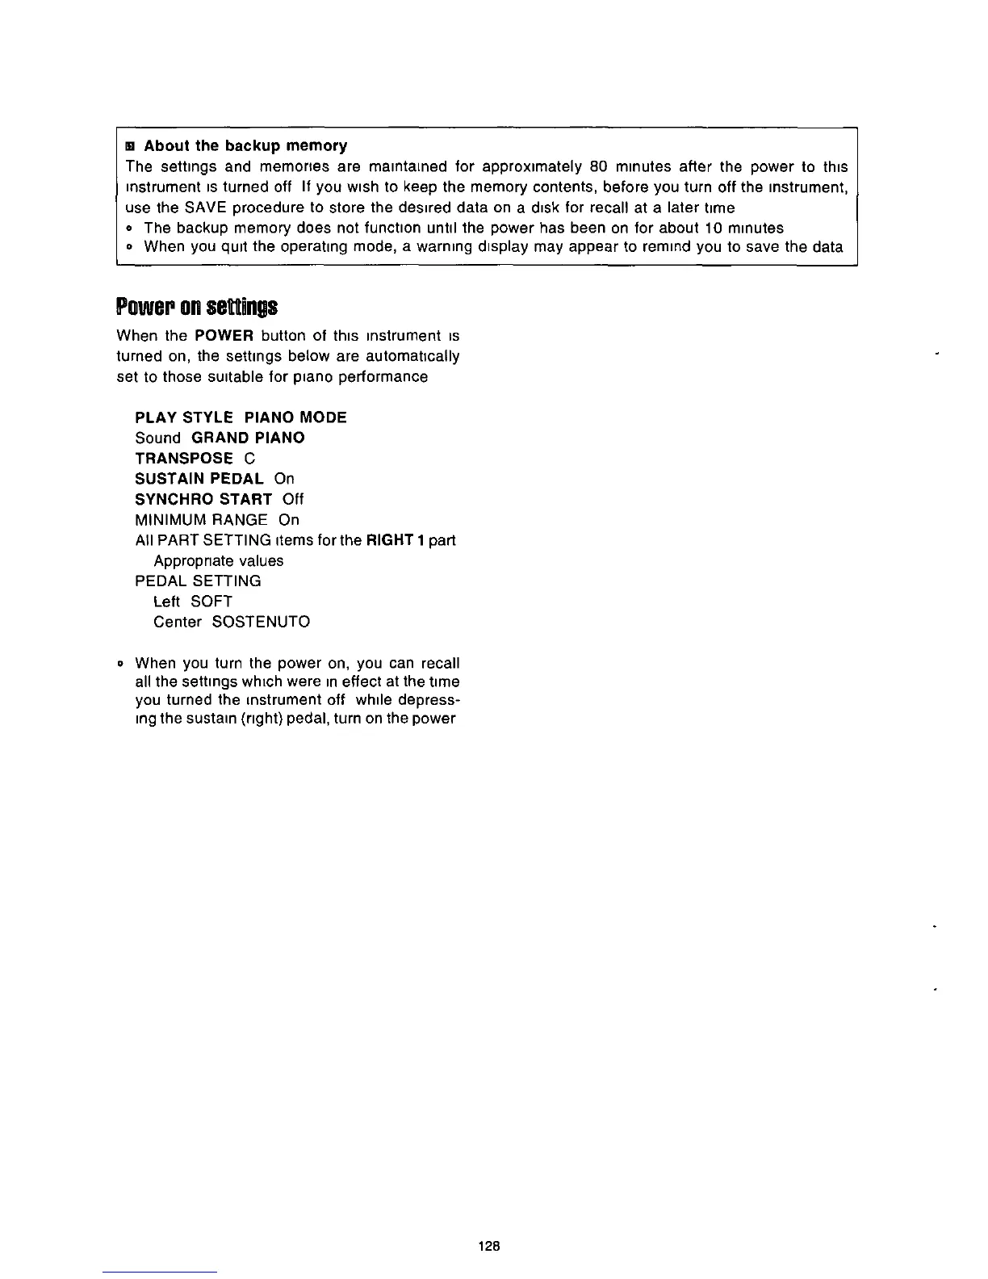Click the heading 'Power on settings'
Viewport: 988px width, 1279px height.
pyautogui.click(x=197, y=308)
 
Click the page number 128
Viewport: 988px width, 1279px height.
pyautogui.click(x=489, y=1246)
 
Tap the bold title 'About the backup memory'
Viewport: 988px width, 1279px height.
pyautogui.click(x=245, y=146)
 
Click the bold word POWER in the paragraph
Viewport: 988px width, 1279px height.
pyautogui.click(x=225, y=335)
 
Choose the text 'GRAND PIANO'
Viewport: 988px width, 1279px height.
pyautogui.click(x=248, y=438)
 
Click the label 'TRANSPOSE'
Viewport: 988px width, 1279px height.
pyautogui.click(x=184, y=459)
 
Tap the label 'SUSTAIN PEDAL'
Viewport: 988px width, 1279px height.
pyautogui.click(x=199, y=479)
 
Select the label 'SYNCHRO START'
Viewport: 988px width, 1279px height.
pyautogui.click(x=203, y=499)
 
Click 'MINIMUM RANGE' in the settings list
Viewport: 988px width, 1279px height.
pyautogui.click(x=201, y=520)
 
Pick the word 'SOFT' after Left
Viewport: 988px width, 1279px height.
pyautogui.click(x=211, y=602)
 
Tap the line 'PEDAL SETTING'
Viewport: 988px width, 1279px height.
pyautogui.click(x=198, y=581)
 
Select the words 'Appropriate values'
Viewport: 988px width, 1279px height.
pyautogui.click(x=218, y=561)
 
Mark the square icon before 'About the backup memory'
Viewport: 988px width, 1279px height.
pyautogui.click(x=129, y=146)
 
